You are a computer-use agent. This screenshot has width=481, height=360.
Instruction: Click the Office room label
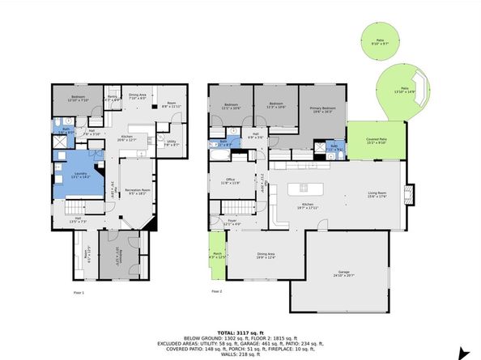pos(231,181)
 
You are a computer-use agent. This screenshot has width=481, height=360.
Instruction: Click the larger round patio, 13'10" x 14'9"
pos(402,91)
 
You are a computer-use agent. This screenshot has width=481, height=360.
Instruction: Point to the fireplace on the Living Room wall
pos(408,194)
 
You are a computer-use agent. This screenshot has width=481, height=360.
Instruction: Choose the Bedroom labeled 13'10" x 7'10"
pos(78,99)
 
